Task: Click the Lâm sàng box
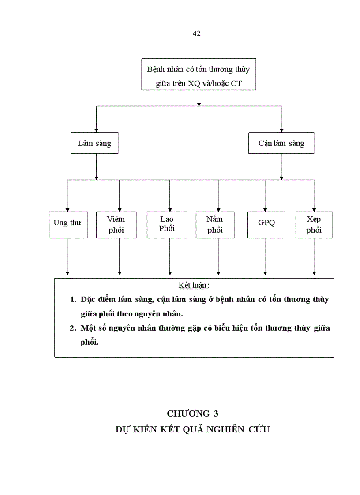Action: click(94, 143)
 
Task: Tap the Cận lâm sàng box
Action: click(281, 143)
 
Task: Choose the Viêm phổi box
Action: click(116, 225)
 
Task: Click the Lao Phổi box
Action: click(167, 224)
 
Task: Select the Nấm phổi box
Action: click(215, 225)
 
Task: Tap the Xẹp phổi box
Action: click(314, 225)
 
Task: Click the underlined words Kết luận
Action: click(192, 285)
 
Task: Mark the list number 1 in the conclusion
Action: click(73, 299)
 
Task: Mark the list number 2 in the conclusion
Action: click(73, 328)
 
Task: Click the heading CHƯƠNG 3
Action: click(192, 413)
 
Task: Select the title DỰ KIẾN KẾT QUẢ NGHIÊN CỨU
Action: click(192, 429)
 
